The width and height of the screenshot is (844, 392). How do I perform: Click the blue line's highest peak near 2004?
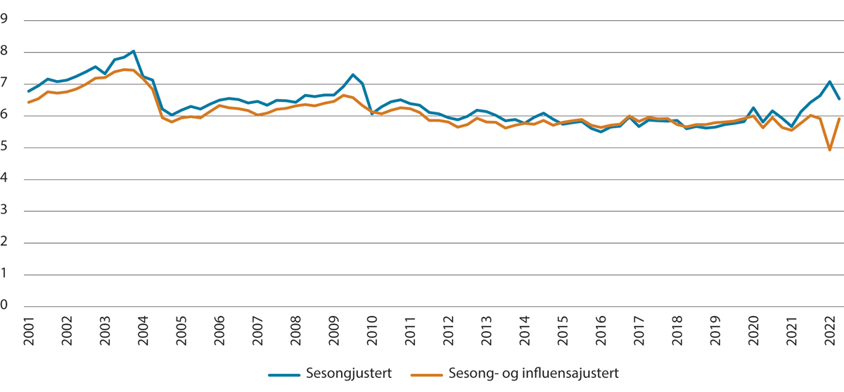tap(134, 51)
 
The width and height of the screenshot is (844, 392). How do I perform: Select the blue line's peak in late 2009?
tap(353, 74)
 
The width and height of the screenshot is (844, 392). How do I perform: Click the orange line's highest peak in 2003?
tap(124, 69)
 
